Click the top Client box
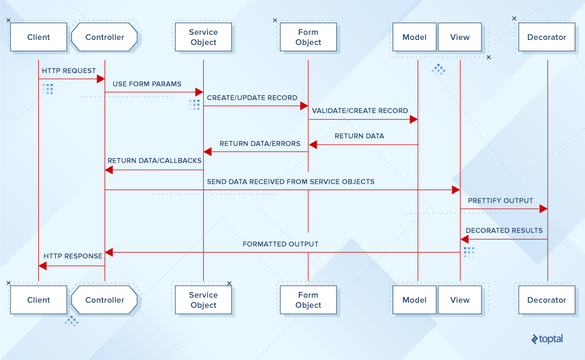tap(38, 37)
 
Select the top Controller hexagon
tap(105, 37)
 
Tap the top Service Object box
tap(203, 37)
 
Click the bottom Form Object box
tap(308, 300)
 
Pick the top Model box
tap(415, 37)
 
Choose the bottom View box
tap(460, 300)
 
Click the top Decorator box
tap(546, 37)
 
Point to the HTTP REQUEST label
tap(69, 71)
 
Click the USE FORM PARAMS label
tap(147, 84)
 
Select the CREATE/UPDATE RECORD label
tap(252, 98)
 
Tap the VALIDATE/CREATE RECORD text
tap(360, 111)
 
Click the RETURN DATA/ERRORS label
tap(260, 143)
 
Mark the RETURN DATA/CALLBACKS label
tap(155, 160)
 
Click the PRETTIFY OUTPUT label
tap(500, 200)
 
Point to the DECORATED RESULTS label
tap(504, 231)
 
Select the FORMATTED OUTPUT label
tap(280, 244)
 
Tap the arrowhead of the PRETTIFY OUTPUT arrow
tap(543, 209)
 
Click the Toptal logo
tap(546, 339)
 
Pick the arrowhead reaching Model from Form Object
tap(413, 119)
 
